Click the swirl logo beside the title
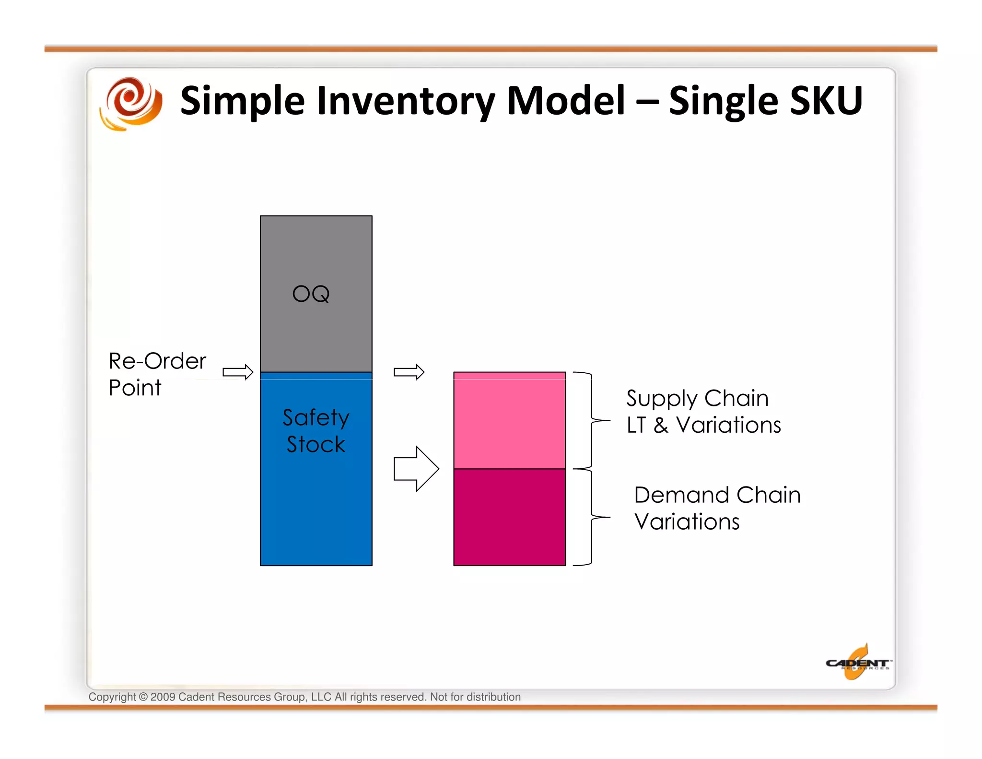pyautogui.click(x=131, y=103)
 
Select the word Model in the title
pyautogui.click(x=566, y=101)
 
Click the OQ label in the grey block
pyautogui.click(x=311, y=294)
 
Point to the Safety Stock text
pyautogui.click(x=316, y=430)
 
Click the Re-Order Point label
pyautogui.click(x=157, y=374)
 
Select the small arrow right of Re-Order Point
pyautogui.click(x=238, y=372)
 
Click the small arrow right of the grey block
pyautogui.click(x=409, y=372)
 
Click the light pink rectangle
pyautogui.click(x=509, y=420)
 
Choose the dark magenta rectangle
pyautogui.click(x=509, y=517)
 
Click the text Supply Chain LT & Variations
pyautogui.click(x=703, y=411)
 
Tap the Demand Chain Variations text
pyautogui.click(x=716, y=508)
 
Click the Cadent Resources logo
pyautogui.click(x=857, y=664)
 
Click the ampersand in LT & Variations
pyautogui.click(x=661, y=425)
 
